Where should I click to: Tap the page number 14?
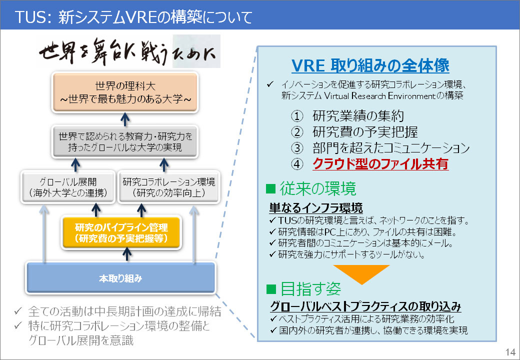point(510,351)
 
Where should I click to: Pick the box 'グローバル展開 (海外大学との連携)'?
point(67,187)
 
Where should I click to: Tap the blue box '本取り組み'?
point(120,278)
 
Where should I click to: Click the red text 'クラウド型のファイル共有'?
point(380,164)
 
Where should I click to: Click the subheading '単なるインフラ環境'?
point(316,208)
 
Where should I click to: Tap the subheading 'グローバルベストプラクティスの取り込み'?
point(365,306)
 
